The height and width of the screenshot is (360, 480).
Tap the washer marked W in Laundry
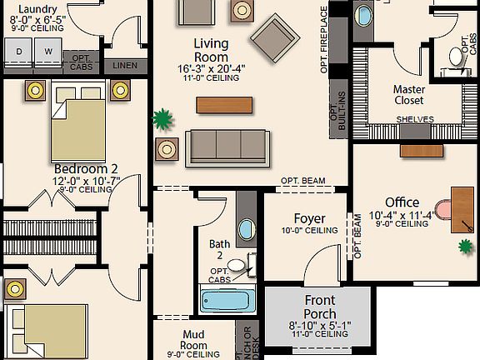tap(47, 52)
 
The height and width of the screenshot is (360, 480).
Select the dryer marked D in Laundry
tap(19, 52)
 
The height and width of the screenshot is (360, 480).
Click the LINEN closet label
tap(124, 64)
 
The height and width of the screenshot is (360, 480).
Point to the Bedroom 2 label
tap(85, 167)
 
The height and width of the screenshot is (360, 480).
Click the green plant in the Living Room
tap(163, 119)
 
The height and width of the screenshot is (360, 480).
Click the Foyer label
tap(309, 219)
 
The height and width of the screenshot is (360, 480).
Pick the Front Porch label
tap(320, 301)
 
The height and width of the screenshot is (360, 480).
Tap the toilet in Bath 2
tap(238, 267)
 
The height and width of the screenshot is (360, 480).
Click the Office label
tap(402, 202)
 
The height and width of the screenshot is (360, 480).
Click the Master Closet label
tap(408, 94)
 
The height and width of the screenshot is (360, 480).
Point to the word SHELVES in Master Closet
tap(415, 119)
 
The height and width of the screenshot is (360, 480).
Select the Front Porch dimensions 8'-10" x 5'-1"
tap(320, 325)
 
